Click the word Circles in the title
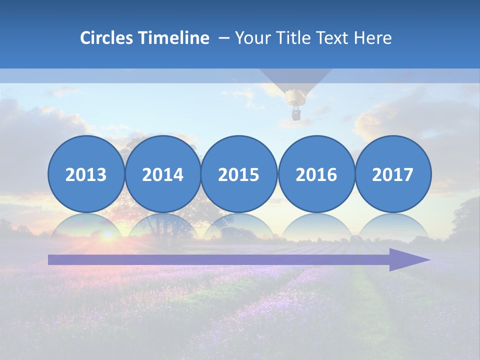pyautogui.click(x=106, y=38)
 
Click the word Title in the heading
pyautogui.click(x=302, y=38)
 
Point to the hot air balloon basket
pyautogui.click(x=296, y=114)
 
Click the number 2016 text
pyautogui.click(x=316, y=174)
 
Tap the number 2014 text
pyautogui.click(x=162, y=174)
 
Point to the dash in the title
pyautogui.click(x=224, y=38)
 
